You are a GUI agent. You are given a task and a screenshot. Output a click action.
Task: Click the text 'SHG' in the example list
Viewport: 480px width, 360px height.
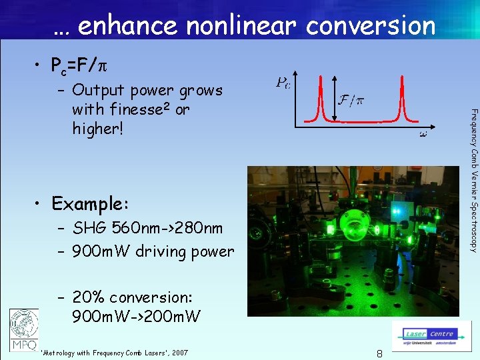point(90,229)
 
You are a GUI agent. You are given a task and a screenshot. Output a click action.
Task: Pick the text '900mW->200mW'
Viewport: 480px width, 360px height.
point(136,316)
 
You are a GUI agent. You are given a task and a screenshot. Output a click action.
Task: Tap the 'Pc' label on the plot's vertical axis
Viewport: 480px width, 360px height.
point(283,82)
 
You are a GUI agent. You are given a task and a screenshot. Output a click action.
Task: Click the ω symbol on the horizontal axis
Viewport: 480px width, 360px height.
point(423,134)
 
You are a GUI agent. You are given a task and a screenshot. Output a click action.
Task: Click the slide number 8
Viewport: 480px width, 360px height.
point(379,354)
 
